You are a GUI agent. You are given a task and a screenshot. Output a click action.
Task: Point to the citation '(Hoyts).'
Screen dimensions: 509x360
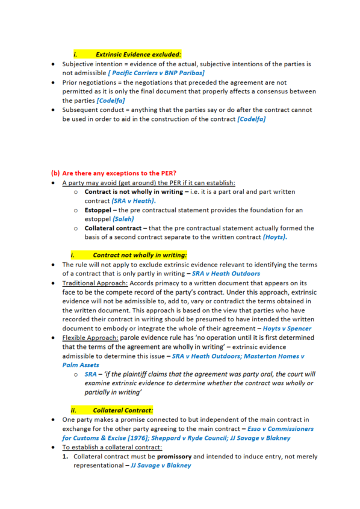[274, 238]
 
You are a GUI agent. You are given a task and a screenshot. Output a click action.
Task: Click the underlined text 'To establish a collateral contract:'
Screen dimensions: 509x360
[111, 447]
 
